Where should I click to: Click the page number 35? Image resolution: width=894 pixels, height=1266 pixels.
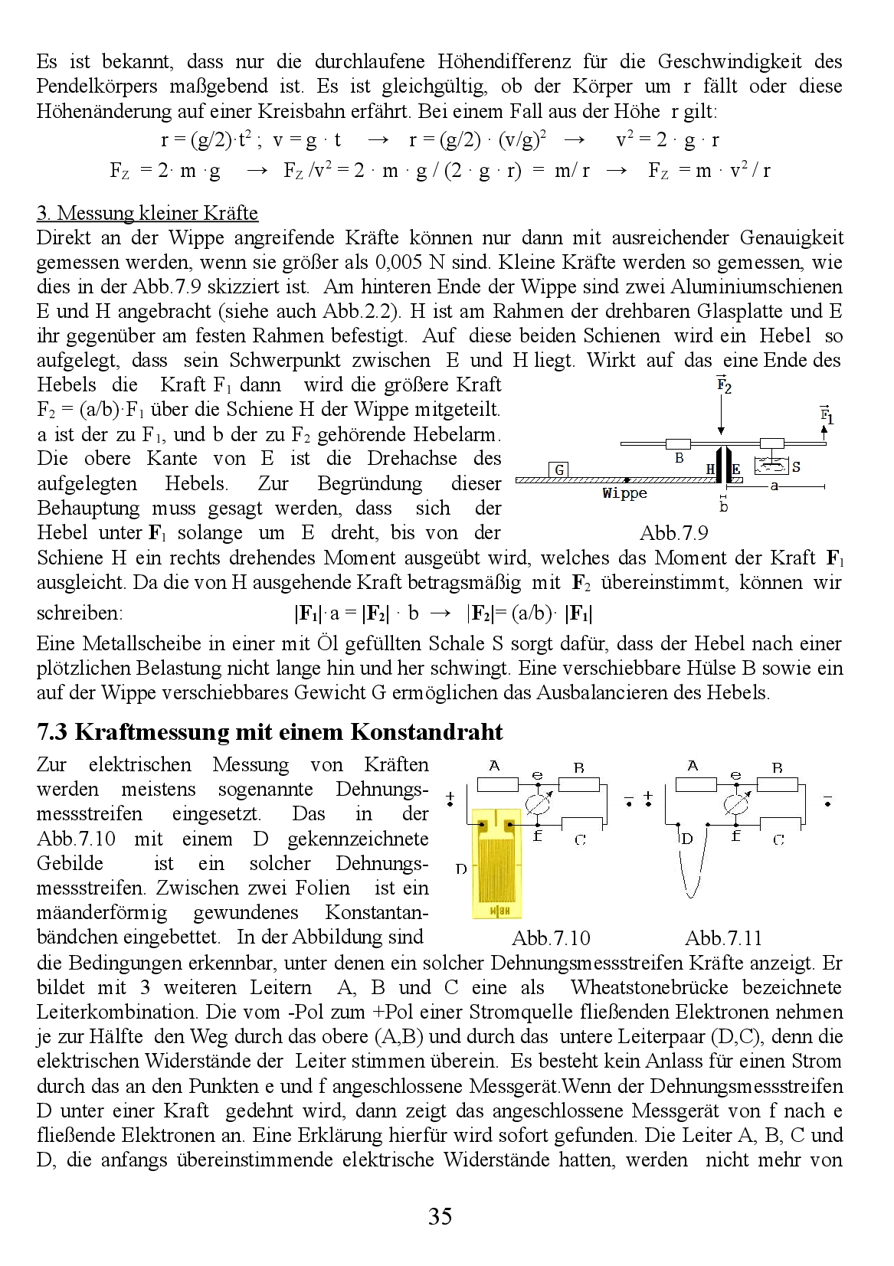440,1216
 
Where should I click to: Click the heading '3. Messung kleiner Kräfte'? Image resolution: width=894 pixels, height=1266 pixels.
147,213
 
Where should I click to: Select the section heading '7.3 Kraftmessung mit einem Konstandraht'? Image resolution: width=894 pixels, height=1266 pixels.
270,732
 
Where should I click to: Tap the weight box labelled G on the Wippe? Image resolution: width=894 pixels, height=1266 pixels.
560,469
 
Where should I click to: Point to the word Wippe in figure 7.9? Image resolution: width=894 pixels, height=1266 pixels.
624,493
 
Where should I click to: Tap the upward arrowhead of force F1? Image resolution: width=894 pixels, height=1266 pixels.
825,430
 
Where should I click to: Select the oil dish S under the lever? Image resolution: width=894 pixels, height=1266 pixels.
771,466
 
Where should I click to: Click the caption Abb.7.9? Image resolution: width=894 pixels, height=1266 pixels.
673,533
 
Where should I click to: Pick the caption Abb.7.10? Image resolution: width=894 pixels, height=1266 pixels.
551,938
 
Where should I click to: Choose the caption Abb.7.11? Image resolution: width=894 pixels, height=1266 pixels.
723,938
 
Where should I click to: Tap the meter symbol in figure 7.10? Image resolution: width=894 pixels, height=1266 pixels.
536,804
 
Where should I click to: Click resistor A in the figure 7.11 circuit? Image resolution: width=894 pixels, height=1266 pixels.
696,783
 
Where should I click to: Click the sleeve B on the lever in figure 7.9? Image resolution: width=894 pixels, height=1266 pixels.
678,444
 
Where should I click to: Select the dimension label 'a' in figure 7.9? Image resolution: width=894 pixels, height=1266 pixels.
774,486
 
